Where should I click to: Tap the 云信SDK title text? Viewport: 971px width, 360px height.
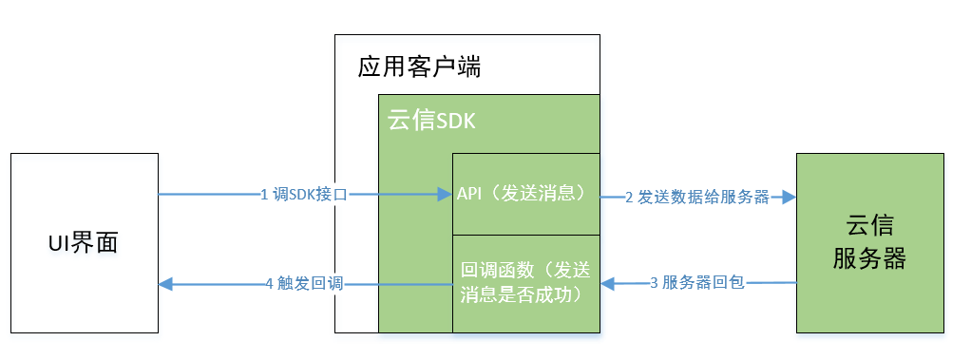click(x=431, y=122)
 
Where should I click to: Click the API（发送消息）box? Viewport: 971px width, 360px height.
click(x=525, y=194)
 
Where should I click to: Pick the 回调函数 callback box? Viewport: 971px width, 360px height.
click(x=525, y=282)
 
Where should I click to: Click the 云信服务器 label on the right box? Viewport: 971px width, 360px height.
click(x=869, y=242)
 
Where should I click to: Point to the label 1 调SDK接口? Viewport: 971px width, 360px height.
click(x=304, y=195)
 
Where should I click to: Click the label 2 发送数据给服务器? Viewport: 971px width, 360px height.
click(x=696, y=198)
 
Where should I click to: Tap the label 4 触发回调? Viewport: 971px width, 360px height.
click(x=304, y=283)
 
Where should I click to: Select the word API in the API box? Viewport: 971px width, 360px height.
click(x=468, y=194)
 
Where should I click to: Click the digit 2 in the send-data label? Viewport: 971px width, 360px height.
click(x=629, y=198)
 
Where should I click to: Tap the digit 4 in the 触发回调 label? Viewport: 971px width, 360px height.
click(x=270, y=283)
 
